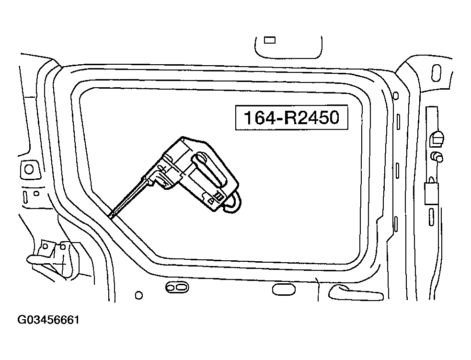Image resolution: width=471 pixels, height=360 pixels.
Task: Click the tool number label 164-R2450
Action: click(x=291, y=117)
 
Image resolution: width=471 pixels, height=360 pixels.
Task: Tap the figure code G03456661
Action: click(x=49, y=320)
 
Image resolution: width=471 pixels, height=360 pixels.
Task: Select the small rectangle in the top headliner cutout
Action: click(x=269, y=40)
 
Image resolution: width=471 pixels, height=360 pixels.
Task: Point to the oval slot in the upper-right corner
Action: click(x=436, y=73)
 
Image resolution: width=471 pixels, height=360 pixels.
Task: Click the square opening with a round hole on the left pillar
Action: click(x=29, y=169)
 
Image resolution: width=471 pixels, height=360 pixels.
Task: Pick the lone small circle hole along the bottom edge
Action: click(x=139, y=295)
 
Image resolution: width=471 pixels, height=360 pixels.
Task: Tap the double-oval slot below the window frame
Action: click(x=177, y=287)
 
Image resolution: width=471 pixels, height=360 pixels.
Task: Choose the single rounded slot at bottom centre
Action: click(x=284, y=290)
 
